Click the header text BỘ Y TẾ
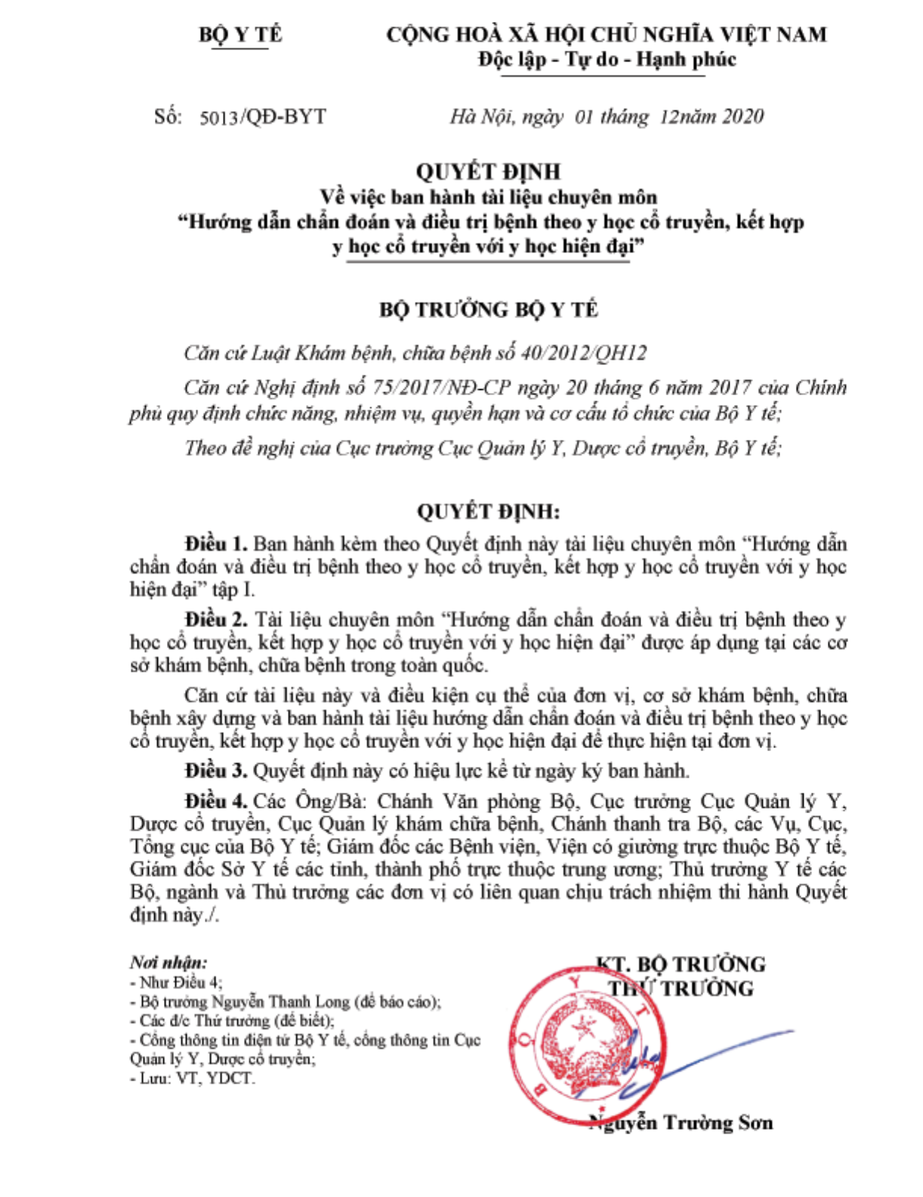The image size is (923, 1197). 239,35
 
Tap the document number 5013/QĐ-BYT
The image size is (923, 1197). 263,117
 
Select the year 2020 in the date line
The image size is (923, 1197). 743,116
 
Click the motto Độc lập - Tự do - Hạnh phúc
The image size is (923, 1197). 607,60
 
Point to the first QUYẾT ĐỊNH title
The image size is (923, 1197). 488,172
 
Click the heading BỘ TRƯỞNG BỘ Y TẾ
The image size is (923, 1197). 488,310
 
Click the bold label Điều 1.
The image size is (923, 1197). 216,544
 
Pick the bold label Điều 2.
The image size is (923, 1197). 216,620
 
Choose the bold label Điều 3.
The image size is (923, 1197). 216,771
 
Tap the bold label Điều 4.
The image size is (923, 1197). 216,801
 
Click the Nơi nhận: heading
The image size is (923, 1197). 168,962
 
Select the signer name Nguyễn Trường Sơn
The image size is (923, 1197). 681,1123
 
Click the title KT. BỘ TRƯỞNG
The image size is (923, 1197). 681,964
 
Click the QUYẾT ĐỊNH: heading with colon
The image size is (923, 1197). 488,512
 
